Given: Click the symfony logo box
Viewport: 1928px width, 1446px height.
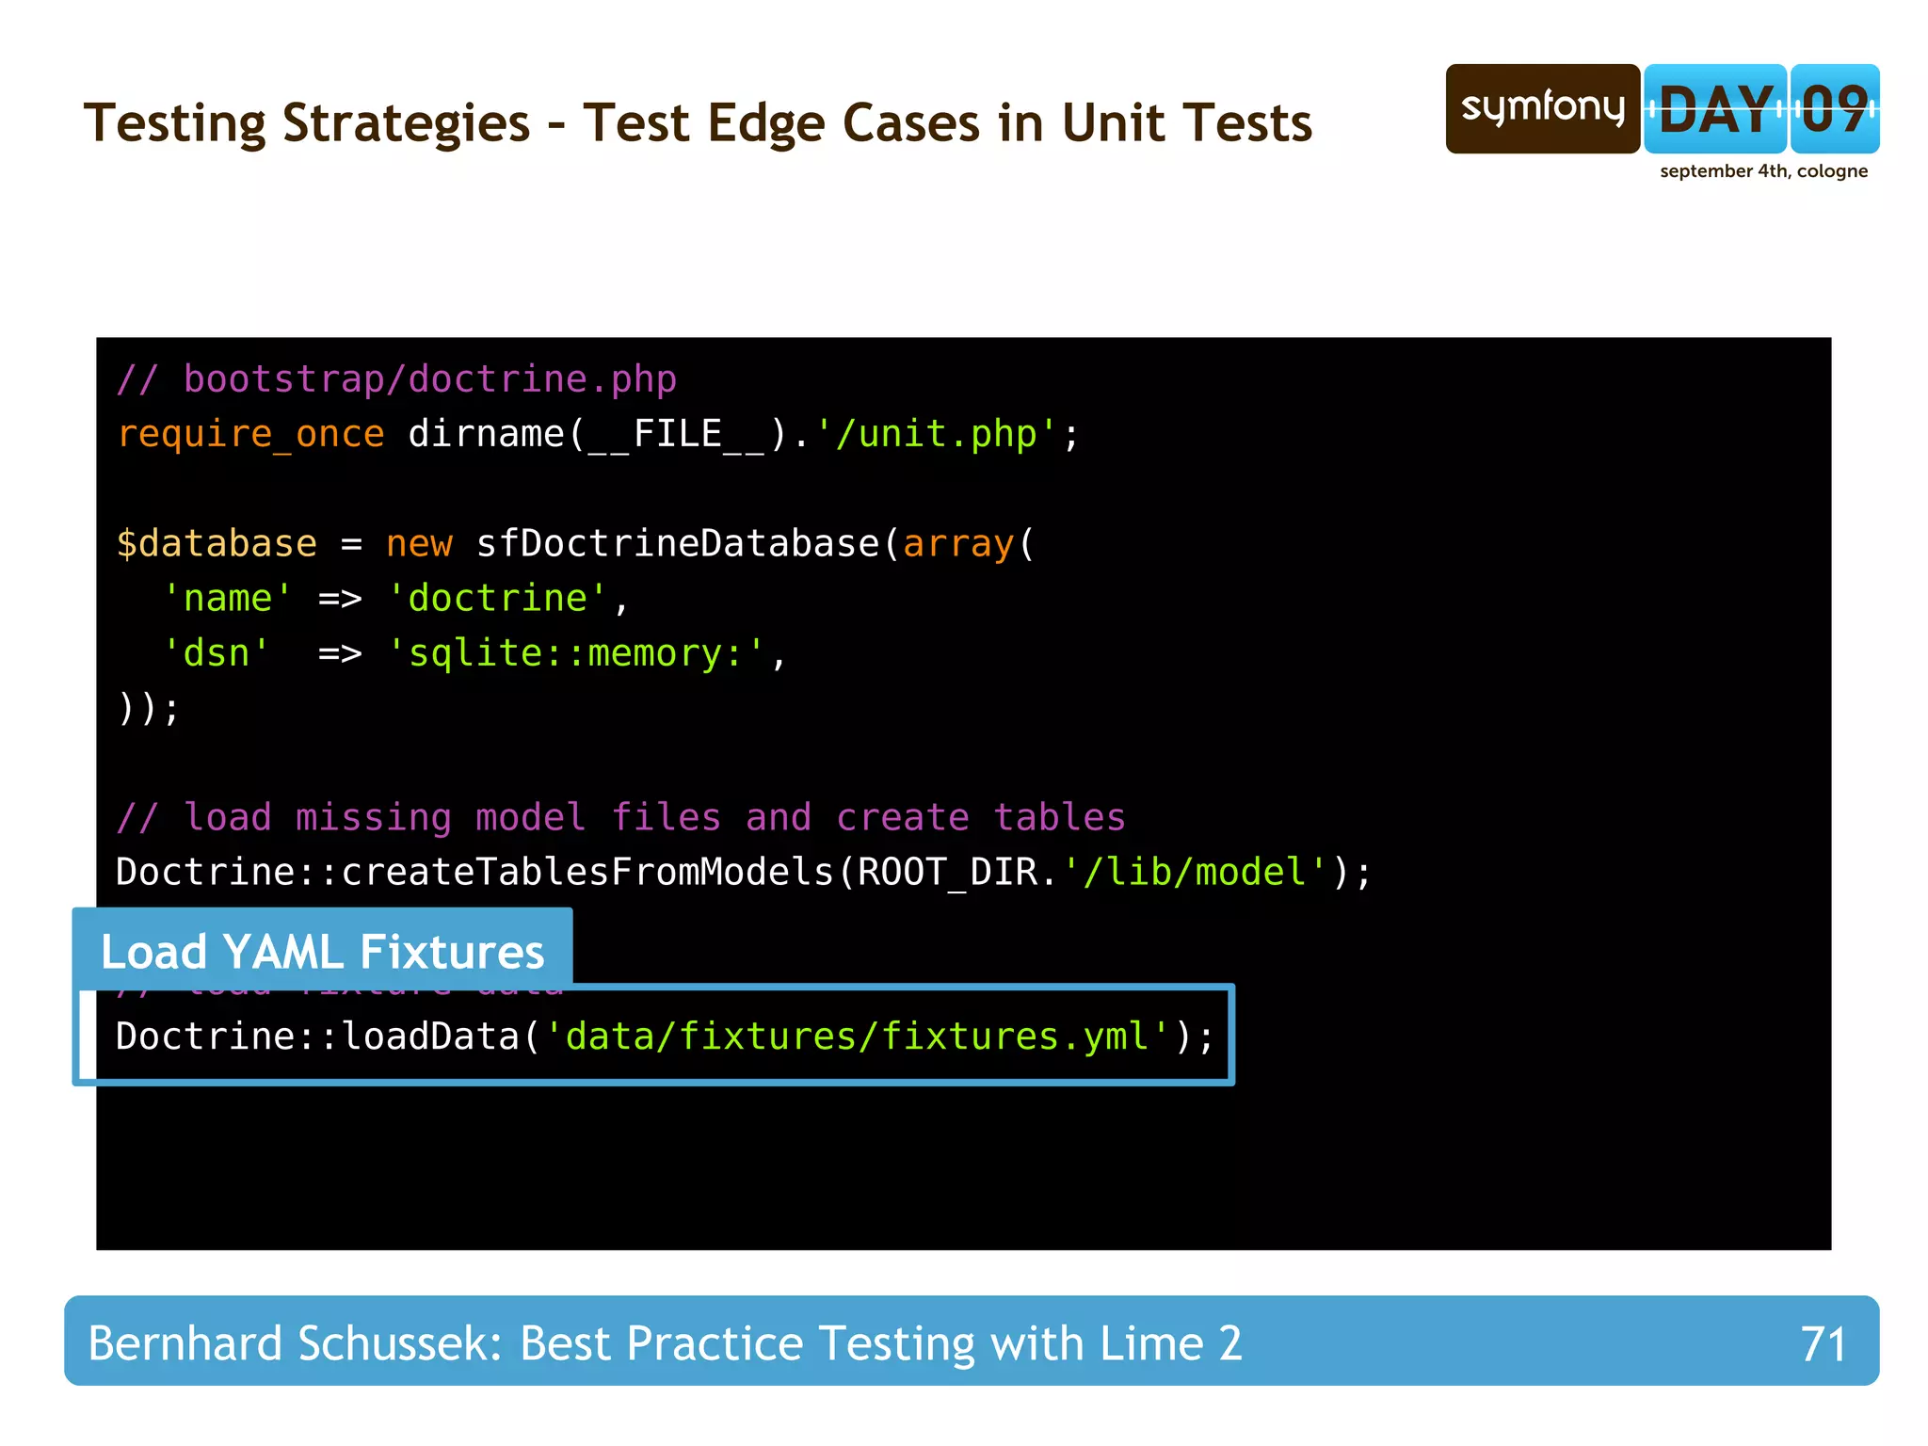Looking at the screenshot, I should pyautogui.click(x=1542, y=108).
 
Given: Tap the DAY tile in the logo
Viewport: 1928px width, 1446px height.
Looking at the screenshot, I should pyautogui.click(x=1715, y=109).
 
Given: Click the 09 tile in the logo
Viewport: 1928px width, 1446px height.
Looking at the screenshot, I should pyautogui.click(x=1834, y=109).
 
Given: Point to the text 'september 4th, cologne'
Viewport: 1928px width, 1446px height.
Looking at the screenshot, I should pyautogui.click(x=1763, y=171).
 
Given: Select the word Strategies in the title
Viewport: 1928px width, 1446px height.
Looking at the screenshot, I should pyautogui.click(x=406, y=123).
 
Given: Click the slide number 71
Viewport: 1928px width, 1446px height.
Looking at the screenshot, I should pyautogui.click(x=1823, y=1343).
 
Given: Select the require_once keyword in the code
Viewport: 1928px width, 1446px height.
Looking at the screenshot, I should pyautogui.click(x=250, y=434).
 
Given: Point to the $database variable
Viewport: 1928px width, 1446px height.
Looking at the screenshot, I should pyautogui.click(x=217, y=544).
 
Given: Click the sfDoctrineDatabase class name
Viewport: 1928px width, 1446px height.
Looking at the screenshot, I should pyautogui.click(x=678, y=544).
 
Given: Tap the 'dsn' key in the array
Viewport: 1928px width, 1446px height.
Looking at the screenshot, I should pyautogui.click(x=217, y=653).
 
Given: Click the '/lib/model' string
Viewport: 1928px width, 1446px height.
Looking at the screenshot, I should pyautogui.click(x=1196, y=872).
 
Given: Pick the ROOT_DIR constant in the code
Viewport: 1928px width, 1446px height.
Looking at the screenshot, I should pyautogui.click(x=947, y=872).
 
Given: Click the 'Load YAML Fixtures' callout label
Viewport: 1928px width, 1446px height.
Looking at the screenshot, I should pyautogui.click(x=322, y=952).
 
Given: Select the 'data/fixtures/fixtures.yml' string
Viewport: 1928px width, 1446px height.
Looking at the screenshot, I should pyautogui.click(x=859, y=1036).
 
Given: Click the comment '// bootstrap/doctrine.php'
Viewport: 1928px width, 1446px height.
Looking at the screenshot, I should pyautogui.click(x=396, y=379).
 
